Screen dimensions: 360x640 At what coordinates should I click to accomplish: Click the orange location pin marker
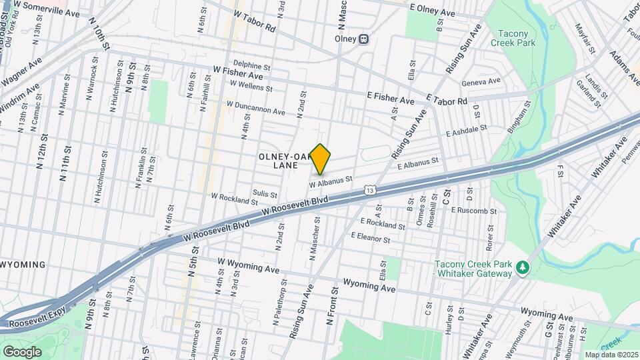coord(321,158)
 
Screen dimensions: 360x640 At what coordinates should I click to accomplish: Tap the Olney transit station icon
coord(364,38)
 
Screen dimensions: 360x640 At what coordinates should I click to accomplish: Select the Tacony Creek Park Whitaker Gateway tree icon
coord(524,267)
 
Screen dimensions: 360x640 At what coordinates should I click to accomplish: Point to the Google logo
coord(22,351)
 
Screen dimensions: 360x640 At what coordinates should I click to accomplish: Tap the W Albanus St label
coord(331,179)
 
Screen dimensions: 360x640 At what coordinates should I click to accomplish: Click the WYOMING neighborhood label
coord(23,265)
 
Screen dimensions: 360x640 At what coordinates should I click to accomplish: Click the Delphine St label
coord(251,67)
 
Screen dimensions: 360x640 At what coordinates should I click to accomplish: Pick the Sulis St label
coord(265,193)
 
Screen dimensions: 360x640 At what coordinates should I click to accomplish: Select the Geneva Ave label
coord(481,82)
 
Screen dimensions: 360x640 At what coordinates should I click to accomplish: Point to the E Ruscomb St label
coord(474,210)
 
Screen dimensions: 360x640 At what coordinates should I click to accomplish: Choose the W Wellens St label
coord(251,86)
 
